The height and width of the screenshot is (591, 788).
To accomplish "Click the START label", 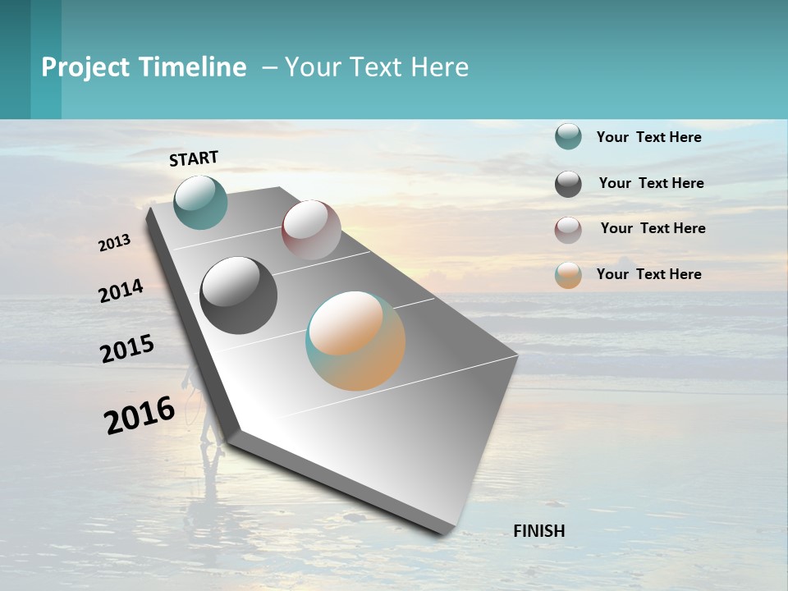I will (194, 158).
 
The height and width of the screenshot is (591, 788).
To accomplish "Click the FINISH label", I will (538, 531).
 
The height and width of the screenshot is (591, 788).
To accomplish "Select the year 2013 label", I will (115, 242).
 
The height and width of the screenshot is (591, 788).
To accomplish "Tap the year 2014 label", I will (121, 291).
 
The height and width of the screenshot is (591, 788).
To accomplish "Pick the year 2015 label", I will (127, 349).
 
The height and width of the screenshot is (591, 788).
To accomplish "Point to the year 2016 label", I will (140, 415).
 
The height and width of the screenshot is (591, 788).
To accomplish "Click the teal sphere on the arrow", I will (200, 202).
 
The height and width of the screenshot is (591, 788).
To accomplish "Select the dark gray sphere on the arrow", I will (238, 295).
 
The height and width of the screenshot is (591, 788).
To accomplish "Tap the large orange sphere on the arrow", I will (355, 341).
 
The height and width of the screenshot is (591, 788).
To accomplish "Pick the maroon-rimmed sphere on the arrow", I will (311, 229).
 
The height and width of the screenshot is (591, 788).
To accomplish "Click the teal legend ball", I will (568, 137).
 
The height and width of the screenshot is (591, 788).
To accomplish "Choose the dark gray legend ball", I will (568, 184).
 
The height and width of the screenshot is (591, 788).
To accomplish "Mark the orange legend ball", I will (568, 275).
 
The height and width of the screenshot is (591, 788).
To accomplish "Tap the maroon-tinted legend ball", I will (568, 230).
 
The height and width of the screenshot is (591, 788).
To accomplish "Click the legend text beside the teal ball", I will (648, 137).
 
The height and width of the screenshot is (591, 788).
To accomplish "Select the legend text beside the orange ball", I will (648, 274).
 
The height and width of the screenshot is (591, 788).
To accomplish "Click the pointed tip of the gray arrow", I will (447, 532).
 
